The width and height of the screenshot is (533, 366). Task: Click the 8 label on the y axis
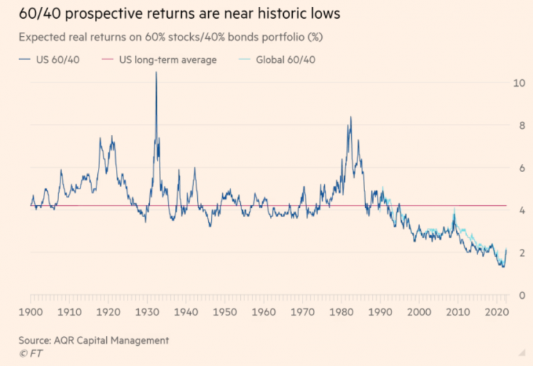pos(516,125)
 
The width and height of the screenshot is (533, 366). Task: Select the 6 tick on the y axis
pos(516,168)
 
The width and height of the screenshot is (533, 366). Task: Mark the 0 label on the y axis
pos(516,296)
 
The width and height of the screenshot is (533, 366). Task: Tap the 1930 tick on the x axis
pos(155,313)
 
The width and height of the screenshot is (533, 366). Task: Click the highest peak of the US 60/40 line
pos(156,73)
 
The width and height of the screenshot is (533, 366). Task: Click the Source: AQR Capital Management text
pos(94,340)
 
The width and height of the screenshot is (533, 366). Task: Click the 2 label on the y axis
pos(516,254)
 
